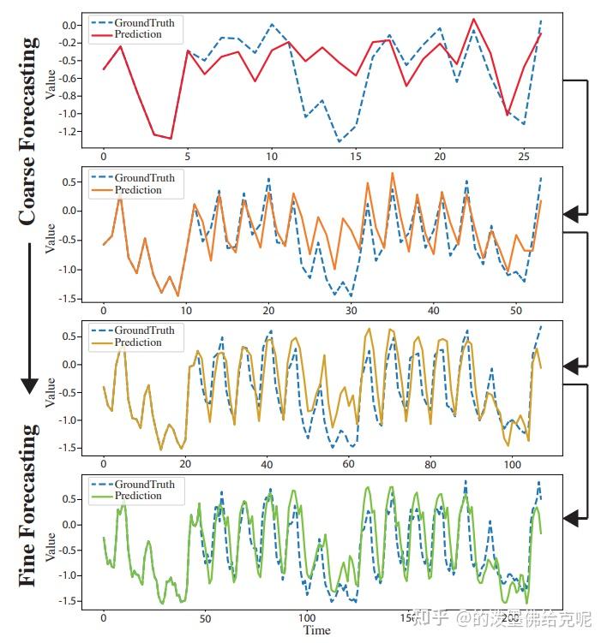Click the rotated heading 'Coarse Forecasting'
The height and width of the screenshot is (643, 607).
click(27, 131)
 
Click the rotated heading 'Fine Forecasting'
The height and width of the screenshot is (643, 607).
click(27, 505)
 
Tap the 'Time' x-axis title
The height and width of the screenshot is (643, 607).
click(316, 630)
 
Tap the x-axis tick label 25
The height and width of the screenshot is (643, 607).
click(523, 157)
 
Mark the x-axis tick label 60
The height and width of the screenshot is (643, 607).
click(349, 465)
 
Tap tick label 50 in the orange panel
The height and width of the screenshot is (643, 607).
click(514, 311)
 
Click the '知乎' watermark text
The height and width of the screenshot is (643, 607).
click(428, 616)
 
